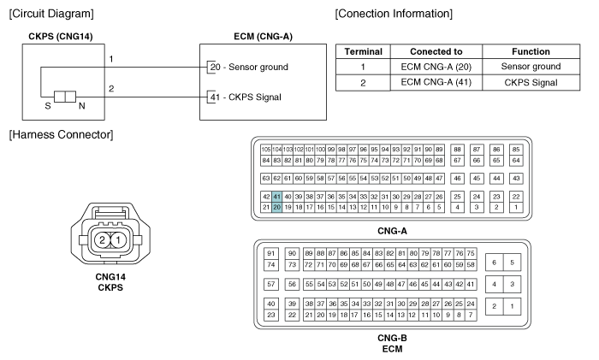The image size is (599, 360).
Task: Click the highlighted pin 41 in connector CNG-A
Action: coord(277,197)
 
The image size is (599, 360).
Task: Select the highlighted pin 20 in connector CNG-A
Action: coord(277,207)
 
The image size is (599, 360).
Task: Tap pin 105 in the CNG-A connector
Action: coord(266,150)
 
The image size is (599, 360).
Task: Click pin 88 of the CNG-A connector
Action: coord(457,150)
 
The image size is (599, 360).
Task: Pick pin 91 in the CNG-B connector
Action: coord(271,253)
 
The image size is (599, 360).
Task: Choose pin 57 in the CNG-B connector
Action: coord(271,284)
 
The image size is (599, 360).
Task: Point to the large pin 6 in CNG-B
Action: coord(495,263)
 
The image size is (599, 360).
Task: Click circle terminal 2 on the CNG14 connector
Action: coord(102,239)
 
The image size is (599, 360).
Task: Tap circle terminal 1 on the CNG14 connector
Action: coord(118,239)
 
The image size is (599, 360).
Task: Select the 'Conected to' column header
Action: coord(436,51)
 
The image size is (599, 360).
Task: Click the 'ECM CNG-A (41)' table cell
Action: coord(436,82)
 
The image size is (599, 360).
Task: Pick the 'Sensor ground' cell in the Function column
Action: coord(531,67)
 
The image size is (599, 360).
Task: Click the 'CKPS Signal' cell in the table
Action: coord(531,82)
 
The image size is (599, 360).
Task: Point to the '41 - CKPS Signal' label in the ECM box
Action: coord(246,97)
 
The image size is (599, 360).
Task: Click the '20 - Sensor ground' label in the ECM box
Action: coord(249,67)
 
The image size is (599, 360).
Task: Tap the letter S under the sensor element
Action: coord(48,106)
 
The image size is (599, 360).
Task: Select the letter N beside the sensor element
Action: coord(82,106)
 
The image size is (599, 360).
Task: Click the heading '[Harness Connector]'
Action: coord(61,134)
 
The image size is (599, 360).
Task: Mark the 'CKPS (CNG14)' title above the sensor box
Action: coord(61,37)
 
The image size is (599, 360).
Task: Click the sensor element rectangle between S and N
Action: coord(65,97)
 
